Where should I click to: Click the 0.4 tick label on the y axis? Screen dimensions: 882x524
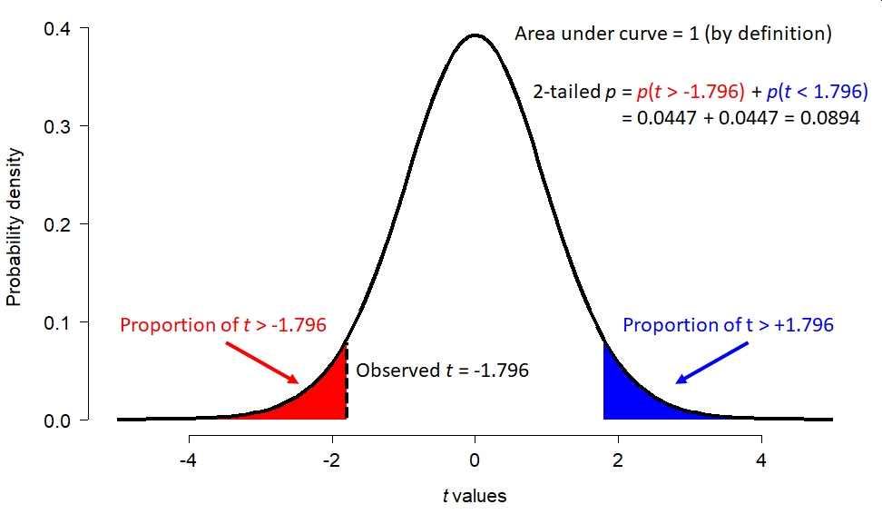[57, 28]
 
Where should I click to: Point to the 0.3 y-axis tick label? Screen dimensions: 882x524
[57, 126]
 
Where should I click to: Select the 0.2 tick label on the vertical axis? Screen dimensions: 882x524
[57, 224]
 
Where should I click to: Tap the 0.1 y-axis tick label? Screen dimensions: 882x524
[57, 322]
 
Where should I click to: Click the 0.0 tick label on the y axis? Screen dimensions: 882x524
[57, 420]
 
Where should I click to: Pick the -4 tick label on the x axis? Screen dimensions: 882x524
[189, 460]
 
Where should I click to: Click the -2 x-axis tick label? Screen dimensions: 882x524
[332, 460]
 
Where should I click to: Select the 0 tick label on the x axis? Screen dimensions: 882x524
[475, 460]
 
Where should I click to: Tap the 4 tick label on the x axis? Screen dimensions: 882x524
[761, 460]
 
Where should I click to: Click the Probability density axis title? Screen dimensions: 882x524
[14, 227]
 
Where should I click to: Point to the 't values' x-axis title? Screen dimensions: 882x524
[475, 496]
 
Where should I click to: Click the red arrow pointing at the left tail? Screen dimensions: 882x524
[262, 362]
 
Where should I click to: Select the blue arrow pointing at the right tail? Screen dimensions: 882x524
[712, 362]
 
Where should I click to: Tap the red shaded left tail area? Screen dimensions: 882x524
[320, 400]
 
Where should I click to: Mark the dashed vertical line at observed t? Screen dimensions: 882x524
[347, 381]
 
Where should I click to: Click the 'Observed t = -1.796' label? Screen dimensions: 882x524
[442, 371]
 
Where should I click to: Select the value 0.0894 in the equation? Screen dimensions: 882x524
[830, 118]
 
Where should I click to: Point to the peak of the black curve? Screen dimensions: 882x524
[475, 35]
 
